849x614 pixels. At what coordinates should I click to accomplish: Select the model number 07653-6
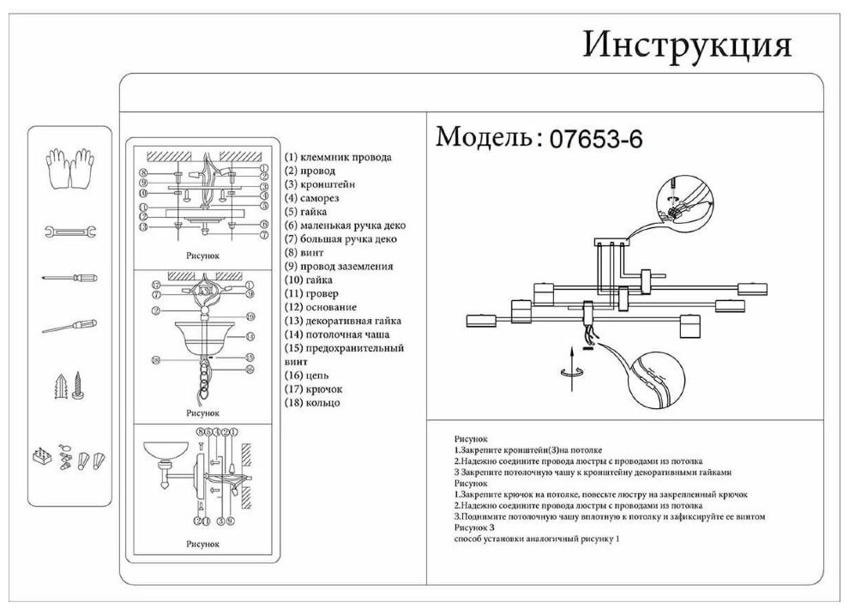coord(595,138)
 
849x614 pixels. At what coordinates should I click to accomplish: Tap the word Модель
coord(485,137)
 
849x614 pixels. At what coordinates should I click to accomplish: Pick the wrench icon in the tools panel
coord(69,232)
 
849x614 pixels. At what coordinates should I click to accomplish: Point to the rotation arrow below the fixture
coord(571,369)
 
